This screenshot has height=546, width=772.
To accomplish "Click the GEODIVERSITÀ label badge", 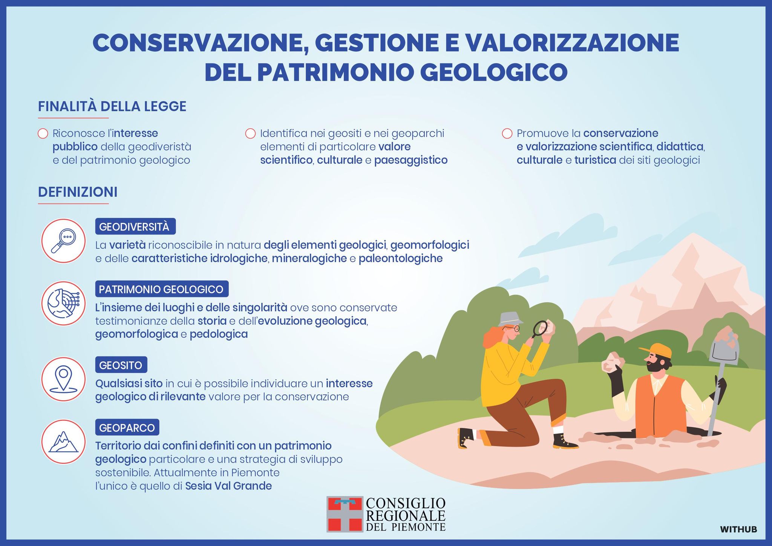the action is (135, 227).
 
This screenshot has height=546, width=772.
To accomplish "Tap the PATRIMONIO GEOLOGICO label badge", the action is (162, 289).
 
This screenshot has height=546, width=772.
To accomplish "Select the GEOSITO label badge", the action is (121, 365).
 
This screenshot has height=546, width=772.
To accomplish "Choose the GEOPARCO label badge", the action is (127, 428).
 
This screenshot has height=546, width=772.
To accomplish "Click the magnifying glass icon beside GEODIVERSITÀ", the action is (64, 241).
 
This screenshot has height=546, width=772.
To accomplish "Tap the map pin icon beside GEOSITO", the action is (64, 379).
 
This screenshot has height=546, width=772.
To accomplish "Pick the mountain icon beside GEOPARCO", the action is (64, 442).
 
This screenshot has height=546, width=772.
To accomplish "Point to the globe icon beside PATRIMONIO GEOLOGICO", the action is (64, 304).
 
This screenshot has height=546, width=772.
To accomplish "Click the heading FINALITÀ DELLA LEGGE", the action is (112, 106).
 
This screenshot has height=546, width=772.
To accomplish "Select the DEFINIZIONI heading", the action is (78, 192).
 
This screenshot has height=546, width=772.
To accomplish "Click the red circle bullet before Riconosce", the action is (43, 133).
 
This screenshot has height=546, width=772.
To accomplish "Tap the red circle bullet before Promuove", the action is (507, 133).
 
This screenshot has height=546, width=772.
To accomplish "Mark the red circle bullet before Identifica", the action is (251, 133).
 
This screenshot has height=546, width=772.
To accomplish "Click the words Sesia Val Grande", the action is (228, 486).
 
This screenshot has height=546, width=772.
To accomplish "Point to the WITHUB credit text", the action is (738, 529).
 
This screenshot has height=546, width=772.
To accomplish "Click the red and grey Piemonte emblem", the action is (345, 514).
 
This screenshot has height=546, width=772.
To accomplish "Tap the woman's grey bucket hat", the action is (510, 319).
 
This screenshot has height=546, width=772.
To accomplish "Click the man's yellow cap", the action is (657, 350).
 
